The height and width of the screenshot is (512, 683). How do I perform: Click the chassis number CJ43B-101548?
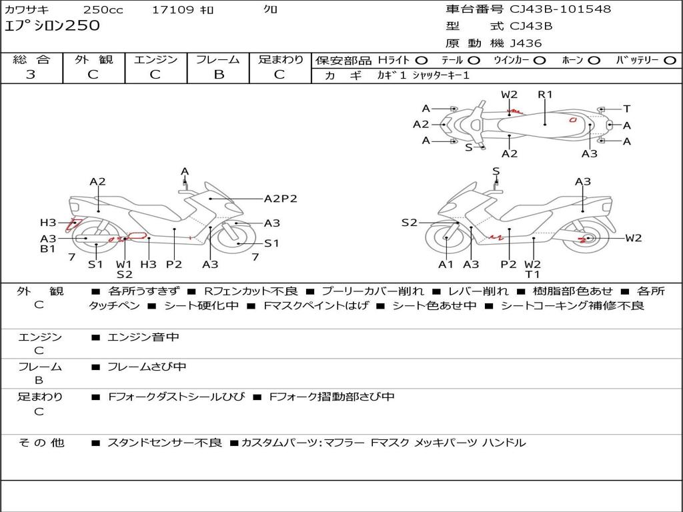coord(560,9)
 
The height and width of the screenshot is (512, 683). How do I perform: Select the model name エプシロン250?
coord(52,26)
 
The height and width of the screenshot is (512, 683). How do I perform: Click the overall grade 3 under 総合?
coord(31,75)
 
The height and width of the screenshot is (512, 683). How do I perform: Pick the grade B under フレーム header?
coord(219,75)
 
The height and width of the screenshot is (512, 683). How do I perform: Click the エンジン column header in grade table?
coord(155,60)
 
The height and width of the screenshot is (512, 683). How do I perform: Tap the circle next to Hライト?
coord(422,60)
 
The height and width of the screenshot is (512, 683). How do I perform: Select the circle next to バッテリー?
coord(670,60)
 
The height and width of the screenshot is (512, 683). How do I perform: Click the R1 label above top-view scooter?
coord(546,95)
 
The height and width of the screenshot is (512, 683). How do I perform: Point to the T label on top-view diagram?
coord(627,109)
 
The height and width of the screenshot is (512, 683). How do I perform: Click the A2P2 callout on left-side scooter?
coord(280,198)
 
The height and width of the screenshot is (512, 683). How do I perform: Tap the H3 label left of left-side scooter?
coord(48,223)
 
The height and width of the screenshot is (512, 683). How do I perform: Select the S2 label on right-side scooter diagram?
coord(409,223)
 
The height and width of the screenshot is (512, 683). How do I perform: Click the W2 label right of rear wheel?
coord(633,238)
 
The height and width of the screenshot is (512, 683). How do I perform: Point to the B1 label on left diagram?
coord(48,249)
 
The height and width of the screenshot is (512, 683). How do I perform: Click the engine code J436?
coord(526,43)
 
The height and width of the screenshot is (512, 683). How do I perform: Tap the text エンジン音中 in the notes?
coord(143,337)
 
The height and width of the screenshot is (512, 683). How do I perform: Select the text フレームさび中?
coord(147,367)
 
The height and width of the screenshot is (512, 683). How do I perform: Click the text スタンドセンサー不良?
coord(164,443)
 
